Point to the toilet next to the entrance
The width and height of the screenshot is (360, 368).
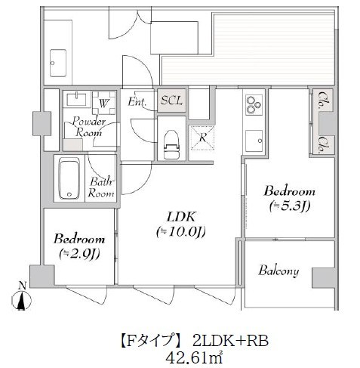pos(171,140)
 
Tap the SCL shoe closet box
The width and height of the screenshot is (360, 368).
pos(171,101)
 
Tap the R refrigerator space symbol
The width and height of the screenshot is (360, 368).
pos(202,137)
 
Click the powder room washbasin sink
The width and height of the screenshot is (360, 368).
pos(75,100)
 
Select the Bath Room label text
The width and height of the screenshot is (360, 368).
pos(102,187)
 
